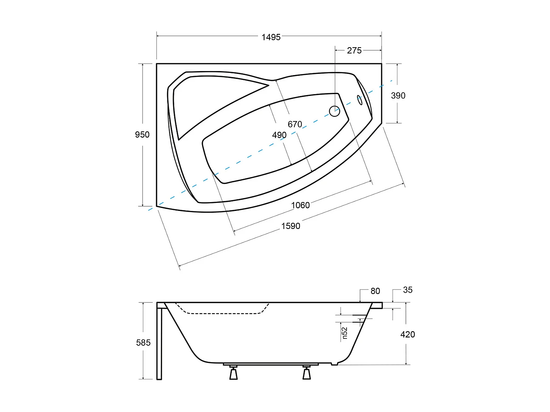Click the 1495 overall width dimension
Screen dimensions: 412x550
point(271,37)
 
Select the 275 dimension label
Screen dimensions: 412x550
point(354,51)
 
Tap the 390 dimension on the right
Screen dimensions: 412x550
point(398,96)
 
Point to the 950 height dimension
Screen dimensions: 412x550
point(142,135)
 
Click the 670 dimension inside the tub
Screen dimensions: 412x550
point(295,124)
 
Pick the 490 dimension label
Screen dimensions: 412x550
point(279,135)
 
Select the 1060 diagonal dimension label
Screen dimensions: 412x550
point(300,205)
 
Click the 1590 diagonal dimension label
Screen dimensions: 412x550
point(290,226)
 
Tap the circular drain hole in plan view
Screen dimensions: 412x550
point(334,111)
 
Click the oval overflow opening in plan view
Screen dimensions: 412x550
point(360,100)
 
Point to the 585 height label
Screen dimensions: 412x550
point(143,342)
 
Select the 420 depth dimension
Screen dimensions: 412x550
point(407,334)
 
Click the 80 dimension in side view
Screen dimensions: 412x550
point(375,291)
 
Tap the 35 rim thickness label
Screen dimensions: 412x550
point(407,290)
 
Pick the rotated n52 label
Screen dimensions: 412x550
point(344,333)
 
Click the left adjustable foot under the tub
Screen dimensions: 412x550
point(233,373)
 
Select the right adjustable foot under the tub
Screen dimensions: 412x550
point(307,373)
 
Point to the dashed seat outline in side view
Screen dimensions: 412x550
point(220,313)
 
